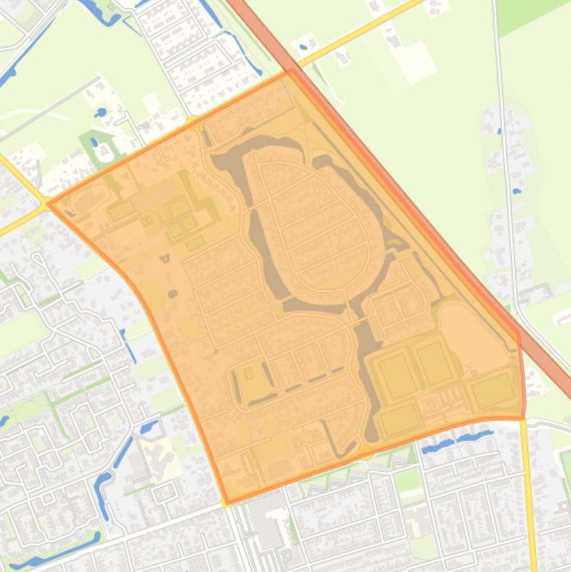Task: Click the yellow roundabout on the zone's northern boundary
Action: [x=192, y=122]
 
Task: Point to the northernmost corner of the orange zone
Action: [x=290, y=72]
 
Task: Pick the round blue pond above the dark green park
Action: [x=99, y=114]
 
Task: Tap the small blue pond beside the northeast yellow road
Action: [x=303, y=48]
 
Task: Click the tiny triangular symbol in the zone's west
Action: [x=164, y=259]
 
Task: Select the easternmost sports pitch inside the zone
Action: [x=492, y=391]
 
